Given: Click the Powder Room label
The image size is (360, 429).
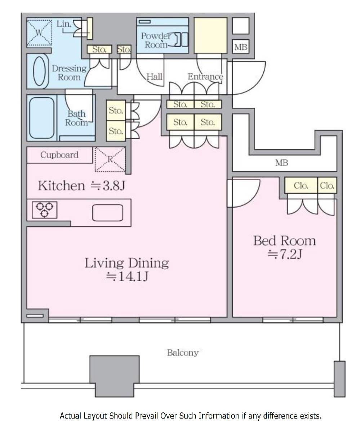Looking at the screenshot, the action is tap(156, 40).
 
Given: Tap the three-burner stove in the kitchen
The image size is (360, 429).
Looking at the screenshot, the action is tap(45, 210).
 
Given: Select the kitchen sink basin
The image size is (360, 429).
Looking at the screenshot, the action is tap(107, 213).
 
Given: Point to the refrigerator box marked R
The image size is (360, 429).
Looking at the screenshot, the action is tap(110, 159).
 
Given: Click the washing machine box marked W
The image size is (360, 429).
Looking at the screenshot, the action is tap(39, 32).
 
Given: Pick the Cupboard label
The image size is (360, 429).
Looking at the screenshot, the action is tap(59, 155).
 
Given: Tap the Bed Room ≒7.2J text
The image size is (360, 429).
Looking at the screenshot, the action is tap(284, 247).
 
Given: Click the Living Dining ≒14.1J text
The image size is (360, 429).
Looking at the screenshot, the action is tap(126, 270).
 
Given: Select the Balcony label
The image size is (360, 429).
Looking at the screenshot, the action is tap(183, 353).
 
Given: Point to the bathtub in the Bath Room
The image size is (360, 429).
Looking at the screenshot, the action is tap(42, 118).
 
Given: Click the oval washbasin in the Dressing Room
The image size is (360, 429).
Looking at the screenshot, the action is tap(39, 71).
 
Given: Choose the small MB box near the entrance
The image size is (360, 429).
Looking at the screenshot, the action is tap(241, 47).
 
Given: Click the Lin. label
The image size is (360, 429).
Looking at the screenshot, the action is tap(64, 24).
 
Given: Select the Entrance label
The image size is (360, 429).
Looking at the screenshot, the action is tap(205, 76).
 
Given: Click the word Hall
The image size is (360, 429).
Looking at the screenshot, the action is tap(154, 76).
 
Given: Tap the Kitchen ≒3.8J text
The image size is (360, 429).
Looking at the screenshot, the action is tap(81, 186).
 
